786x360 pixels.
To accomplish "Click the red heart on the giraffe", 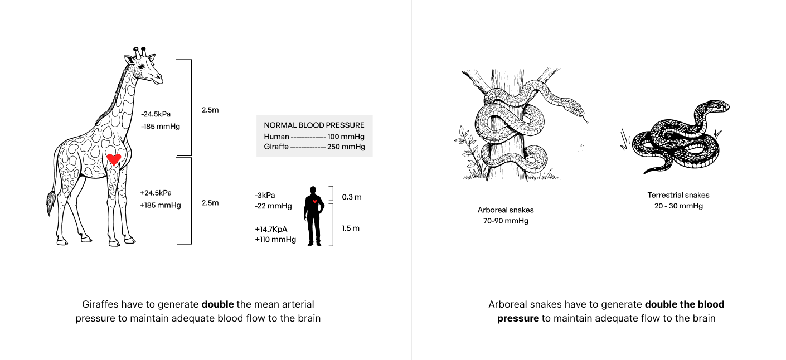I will [x=114, y=159].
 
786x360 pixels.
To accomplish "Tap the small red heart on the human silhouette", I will [x=315, y=201].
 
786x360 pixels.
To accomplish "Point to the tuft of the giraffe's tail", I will [x=51, y=203].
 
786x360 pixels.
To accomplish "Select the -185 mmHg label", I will [x=161, y=127].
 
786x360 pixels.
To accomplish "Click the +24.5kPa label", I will [x=156, y=193].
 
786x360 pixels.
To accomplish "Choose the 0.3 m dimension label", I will [x=351, y=197].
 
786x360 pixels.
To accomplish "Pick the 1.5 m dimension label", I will [x=351, y=228].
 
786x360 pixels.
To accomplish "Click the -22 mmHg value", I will [x=273, y=206].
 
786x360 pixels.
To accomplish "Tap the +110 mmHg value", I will [x=275, y=240].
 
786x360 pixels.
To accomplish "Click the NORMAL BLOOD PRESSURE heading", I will [x=314, y=125].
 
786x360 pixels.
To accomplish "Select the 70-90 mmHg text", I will [x=506, y=221].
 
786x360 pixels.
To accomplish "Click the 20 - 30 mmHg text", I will [x=678, y=206].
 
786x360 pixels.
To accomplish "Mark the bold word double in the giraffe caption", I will [x=217, y=304].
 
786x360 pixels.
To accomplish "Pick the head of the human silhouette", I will [x=314, y=190].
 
